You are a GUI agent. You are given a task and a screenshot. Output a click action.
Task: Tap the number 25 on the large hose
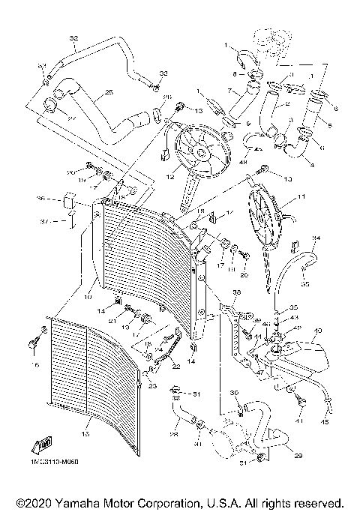coord(109,92)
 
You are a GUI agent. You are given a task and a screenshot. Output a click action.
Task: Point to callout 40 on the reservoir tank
coord(318,331)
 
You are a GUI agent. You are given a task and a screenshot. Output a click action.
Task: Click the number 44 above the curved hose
coord(316,238)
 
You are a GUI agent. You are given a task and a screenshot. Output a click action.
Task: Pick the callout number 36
coord(42,199)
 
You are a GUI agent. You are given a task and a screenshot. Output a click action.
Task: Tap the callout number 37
coord(44,222)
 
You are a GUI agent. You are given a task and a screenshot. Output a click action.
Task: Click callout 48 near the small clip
coord(243,159)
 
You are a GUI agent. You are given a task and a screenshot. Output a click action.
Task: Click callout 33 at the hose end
coord(164,73)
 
